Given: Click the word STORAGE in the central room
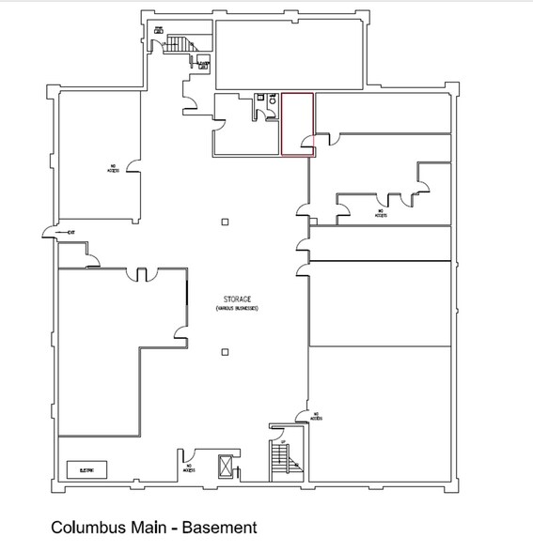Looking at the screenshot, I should coord(235,299).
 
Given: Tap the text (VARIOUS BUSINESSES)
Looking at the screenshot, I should coord(235,308).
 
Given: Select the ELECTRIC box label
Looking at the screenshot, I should coord(87,468).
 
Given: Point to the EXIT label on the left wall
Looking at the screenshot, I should coord(70,232).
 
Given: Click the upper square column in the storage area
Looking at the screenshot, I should coord(225,222).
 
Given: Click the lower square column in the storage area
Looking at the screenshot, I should coord(225,352).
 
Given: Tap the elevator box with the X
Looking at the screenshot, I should coord(227,466).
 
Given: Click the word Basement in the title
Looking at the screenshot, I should coord(220,528).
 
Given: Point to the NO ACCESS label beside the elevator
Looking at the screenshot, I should coord(190,466).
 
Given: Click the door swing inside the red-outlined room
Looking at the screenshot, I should coord(307,144).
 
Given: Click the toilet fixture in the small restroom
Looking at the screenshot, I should coord(272,106).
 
